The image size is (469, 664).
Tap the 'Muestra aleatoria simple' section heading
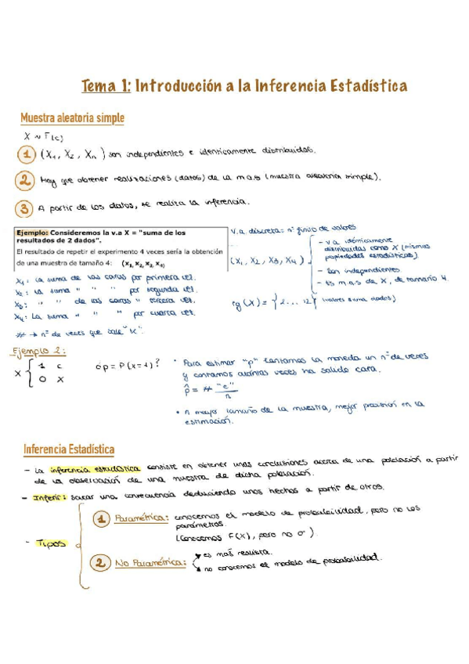tap(72, 118)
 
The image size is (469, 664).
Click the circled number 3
tap(26, 207)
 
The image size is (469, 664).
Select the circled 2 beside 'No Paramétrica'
tap(100, 562)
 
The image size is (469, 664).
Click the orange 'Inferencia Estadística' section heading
tap(69, 449)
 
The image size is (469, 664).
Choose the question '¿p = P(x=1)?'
tap(125, 364)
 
